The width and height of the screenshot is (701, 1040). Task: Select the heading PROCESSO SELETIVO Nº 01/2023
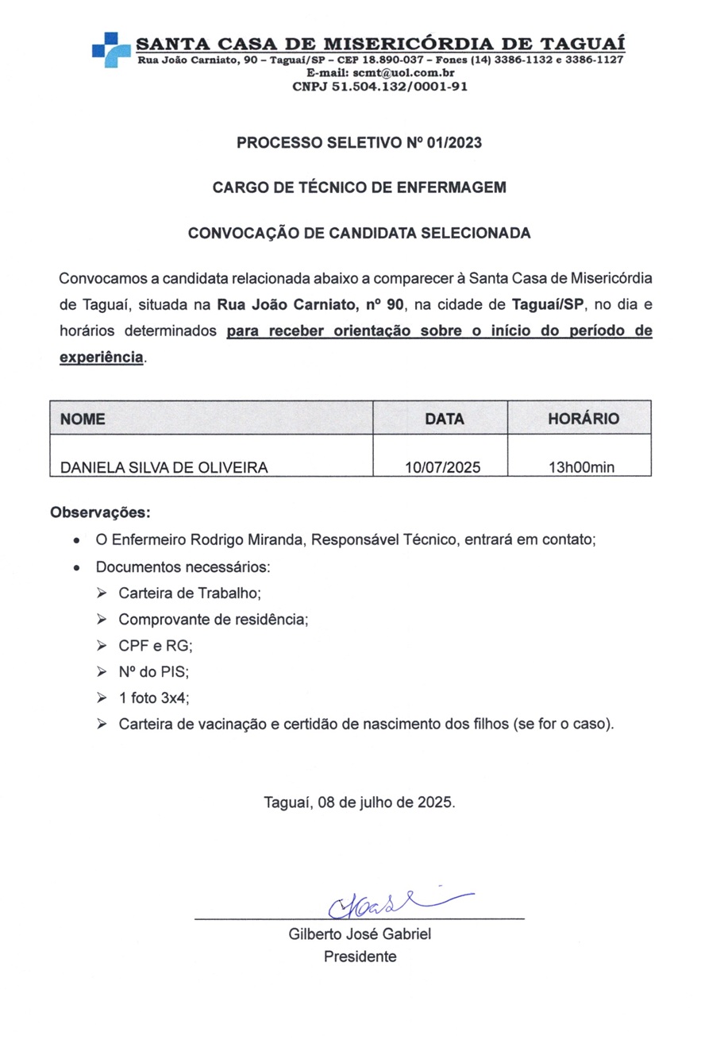(x=359, y=144)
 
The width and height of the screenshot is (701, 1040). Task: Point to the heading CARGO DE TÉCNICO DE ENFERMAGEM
(x=359, y=188)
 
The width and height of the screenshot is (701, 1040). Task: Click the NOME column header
(x=83, y=419)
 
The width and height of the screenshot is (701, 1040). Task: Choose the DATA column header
(x=445, y=419)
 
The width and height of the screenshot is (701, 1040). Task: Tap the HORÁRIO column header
(x=584, y=419)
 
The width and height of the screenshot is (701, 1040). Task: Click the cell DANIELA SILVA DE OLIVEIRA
(x=164, y=467)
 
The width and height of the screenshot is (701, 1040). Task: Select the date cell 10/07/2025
(x=443, y=467)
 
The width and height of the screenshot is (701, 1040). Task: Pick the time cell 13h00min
(x=582, y=467)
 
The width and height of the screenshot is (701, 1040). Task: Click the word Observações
(x=100, y=512)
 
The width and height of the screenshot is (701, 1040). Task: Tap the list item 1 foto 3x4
(x=154, y=698)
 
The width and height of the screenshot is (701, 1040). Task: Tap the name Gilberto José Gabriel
(x=360, y=934)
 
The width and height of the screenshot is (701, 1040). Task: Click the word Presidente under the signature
(x=360, y=957)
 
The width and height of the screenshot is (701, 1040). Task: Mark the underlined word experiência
(x=102, y=357)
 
